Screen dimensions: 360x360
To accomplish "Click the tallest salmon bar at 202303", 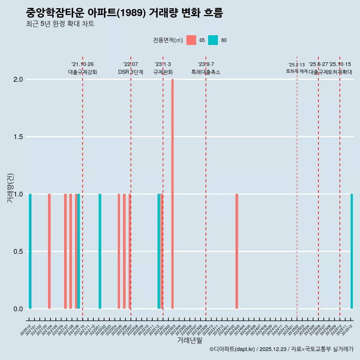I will pos(172,194).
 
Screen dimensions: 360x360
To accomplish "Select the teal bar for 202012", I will pos(30,251).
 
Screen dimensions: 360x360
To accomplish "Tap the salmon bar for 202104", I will pos(49,251).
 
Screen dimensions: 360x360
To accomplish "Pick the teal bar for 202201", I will pos(100,251).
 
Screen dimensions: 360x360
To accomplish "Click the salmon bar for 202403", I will pos(237,251).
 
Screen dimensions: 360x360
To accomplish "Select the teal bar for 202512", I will pos(352,251).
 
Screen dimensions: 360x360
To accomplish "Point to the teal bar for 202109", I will pos(79,251).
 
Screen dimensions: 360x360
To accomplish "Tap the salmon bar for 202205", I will pos(119,251).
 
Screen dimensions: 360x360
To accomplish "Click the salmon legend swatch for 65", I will pos(191,40).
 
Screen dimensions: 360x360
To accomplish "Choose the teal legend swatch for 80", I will pos(213,40).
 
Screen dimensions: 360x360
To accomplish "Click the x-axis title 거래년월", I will pos(189,340).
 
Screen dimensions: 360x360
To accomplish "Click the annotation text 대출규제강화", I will pos(82,72).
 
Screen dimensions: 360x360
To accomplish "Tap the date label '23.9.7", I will pos(206,64).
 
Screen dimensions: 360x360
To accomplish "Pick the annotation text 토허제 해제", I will pos(297,71).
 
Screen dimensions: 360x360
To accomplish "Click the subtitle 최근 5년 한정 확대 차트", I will pos(60,24).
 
